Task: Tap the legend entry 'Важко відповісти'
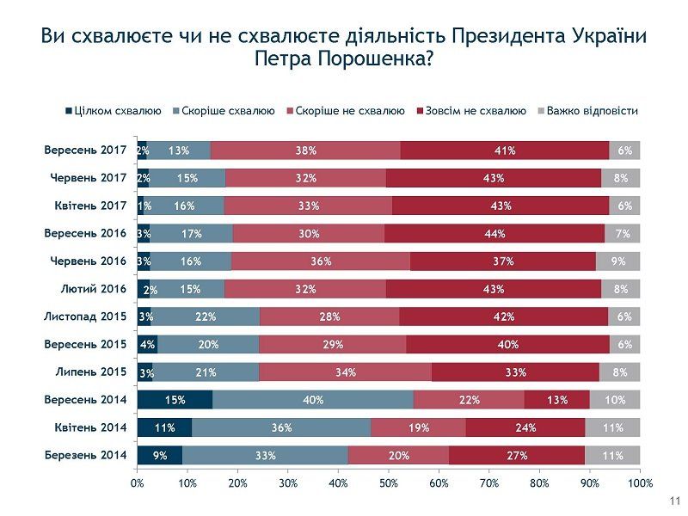pyautogui.click(x=593, y=111)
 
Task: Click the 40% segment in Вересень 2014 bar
pyautogui.click(x=313, y=399)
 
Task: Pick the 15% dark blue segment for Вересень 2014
pyautogui.click(x=175, y=399)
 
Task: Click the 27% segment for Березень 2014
pyautogui.click(x=517, y=455)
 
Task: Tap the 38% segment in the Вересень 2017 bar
pyautogui.click(x=305, y=150)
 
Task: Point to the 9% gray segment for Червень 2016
pyautogui.click(x=617, y=261)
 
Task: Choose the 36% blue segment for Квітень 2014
pyautogui.click(x=280, y=427)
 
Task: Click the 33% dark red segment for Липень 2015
pyautogui.click(x=515, y=372)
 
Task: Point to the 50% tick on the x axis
pyautogui.click(x=389, y=483)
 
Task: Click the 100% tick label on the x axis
pyautogui.click(x=640, y=483)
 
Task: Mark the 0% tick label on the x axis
pyautogui.click(x=138, y=483)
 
